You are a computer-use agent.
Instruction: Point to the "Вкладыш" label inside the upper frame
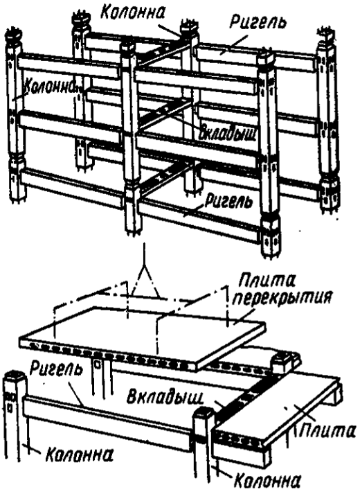click(228, 134)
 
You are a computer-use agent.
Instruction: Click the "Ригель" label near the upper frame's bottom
click(228, 201)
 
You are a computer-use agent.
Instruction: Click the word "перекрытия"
click(282, 298)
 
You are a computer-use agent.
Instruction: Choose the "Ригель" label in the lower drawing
click(56, 369)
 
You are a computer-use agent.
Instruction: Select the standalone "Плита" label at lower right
click(326, 430)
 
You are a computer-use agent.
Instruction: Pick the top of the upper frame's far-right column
click(327, 37)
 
